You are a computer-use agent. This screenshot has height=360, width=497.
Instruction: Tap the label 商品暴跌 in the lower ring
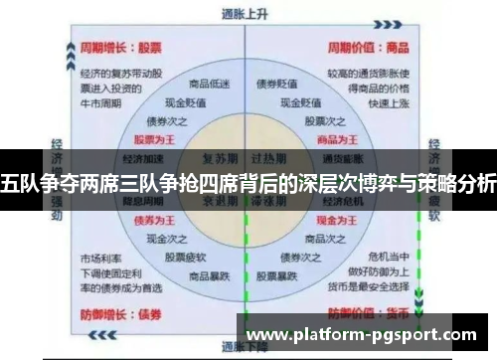coord(209,274)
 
